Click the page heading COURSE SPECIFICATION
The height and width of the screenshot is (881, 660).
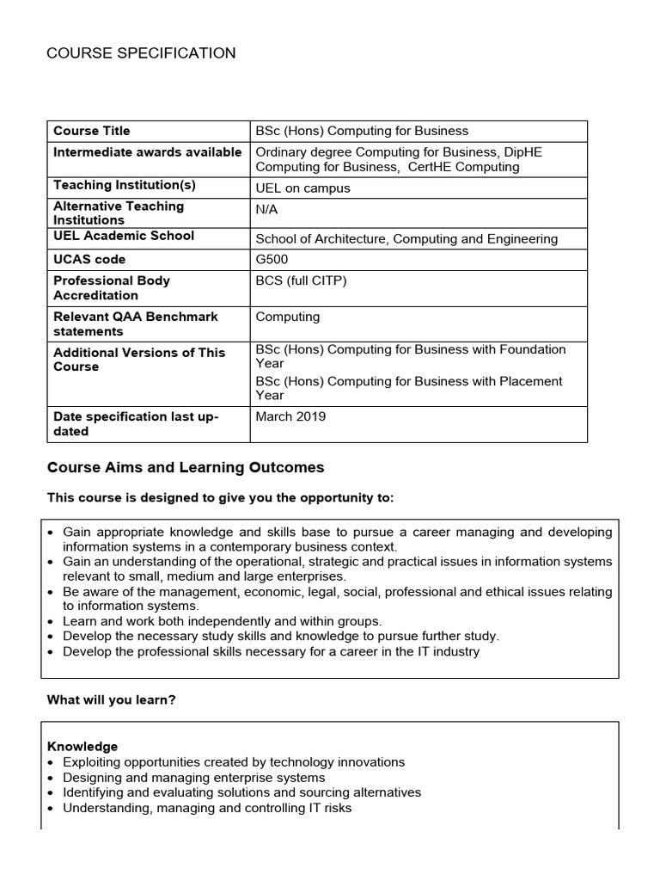click(141, 53)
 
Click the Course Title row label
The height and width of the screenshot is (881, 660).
click(92, 131)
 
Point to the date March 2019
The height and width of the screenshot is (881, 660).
click(290, 416)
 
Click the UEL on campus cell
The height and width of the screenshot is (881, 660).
click(302, 188)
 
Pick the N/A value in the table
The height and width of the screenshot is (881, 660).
click(267, 209)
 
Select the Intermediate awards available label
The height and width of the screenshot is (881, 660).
click(147, 152)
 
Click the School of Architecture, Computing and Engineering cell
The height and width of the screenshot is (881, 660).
click(406, 238)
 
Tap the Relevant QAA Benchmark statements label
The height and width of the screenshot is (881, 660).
click(135, 323)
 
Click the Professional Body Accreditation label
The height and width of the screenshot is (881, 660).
click(112, 287)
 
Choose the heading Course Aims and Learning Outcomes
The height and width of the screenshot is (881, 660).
click(185, 468)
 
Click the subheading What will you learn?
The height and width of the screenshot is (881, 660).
click(111, 700)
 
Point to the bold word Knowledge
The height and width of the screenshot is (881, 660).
click(82, 746)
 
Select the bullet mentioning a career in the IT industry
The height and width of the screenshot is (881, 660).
click(271, 651)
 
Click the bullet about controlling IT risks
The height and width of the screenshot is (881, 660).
click(207, 808)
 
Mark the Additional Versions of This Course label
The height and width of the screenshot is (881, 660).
click(138, 360)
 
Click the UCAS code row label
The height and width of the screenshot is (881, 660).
click(89, 259)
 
